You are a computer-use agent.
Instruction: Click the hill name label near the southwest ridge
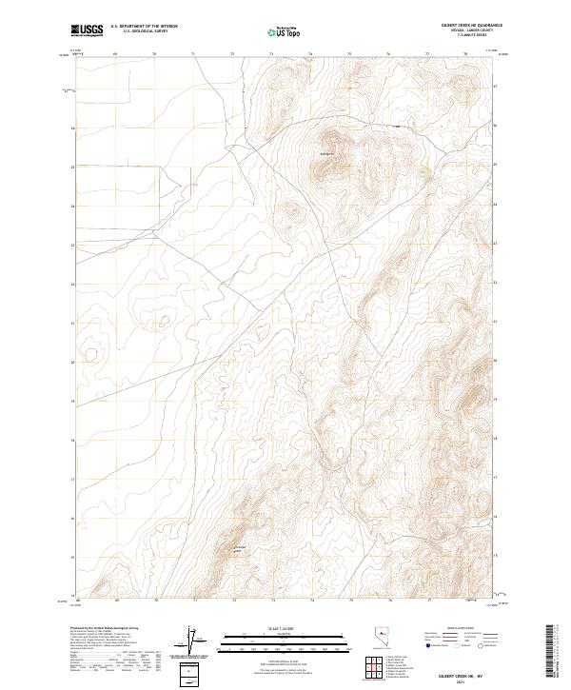pyautogui.click(x=240, y=548)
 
